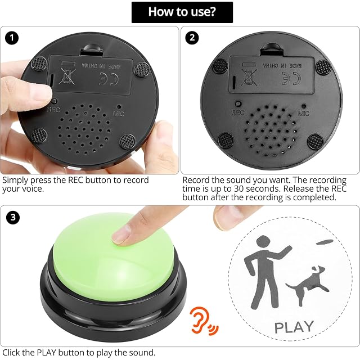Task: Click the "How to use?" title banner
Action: pos(182,12)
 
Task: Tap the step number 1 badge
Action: pos(12,38)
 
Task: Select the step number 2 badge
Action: pos(192,38)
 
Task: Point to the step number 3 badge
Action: pos(13,217)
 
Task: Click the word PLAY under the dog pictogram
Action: pos(294,327)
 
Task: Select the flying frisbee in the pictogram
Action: pos(325,242)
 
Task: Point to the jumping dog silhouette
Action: pos(308,285)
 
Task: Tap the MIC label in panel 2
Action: pos(304,113)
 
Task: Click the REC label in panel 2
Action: pos(238,112)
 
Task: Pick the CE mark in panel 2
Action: pos(291,78)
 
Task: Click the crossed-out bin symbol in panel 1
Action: pos(67,75)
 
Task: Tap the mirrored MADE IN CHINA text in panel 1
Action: pos(101,66)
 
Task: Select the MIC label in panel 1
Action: pos(119,114)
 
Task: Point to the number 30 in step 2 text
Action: pos(238,189)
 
